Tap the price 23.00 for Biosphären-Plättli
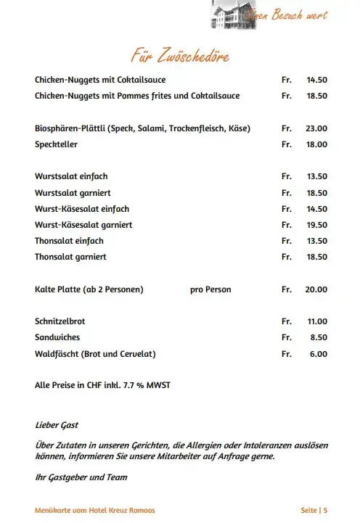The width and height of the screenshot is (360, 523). (316, 128)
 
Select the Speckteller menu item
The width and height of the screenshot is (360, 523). (56, 144)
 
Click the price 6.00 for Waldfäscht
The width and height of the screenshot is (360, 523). (319, 354)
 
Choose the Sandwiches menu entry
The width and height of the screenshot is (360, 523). (57, 337)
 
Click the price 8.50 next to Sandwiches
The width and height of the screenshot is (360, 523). (319, 337)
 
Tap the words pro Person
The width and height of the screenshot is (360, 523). (210, 289)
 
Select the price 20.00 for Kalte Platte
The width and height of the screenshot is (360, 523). (316, 289)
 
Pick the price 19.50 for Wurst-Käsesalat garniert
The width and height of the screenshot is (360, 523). (316, 225)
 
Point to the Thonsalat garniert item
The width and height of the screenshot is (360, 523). (71, 257)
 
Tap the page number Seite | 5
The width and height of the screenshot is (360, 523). (314, 511)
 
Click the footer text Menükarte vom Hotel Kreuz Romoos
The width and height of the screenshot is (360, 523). (95, 511)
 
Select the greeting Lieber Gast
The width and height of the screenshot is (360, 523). (57, 424)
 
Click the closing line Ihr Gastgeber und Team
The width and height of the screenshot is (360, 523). (81, 477)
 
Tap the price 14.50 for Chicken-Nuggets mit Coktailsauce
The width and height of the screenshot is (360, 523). (316, 80)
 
